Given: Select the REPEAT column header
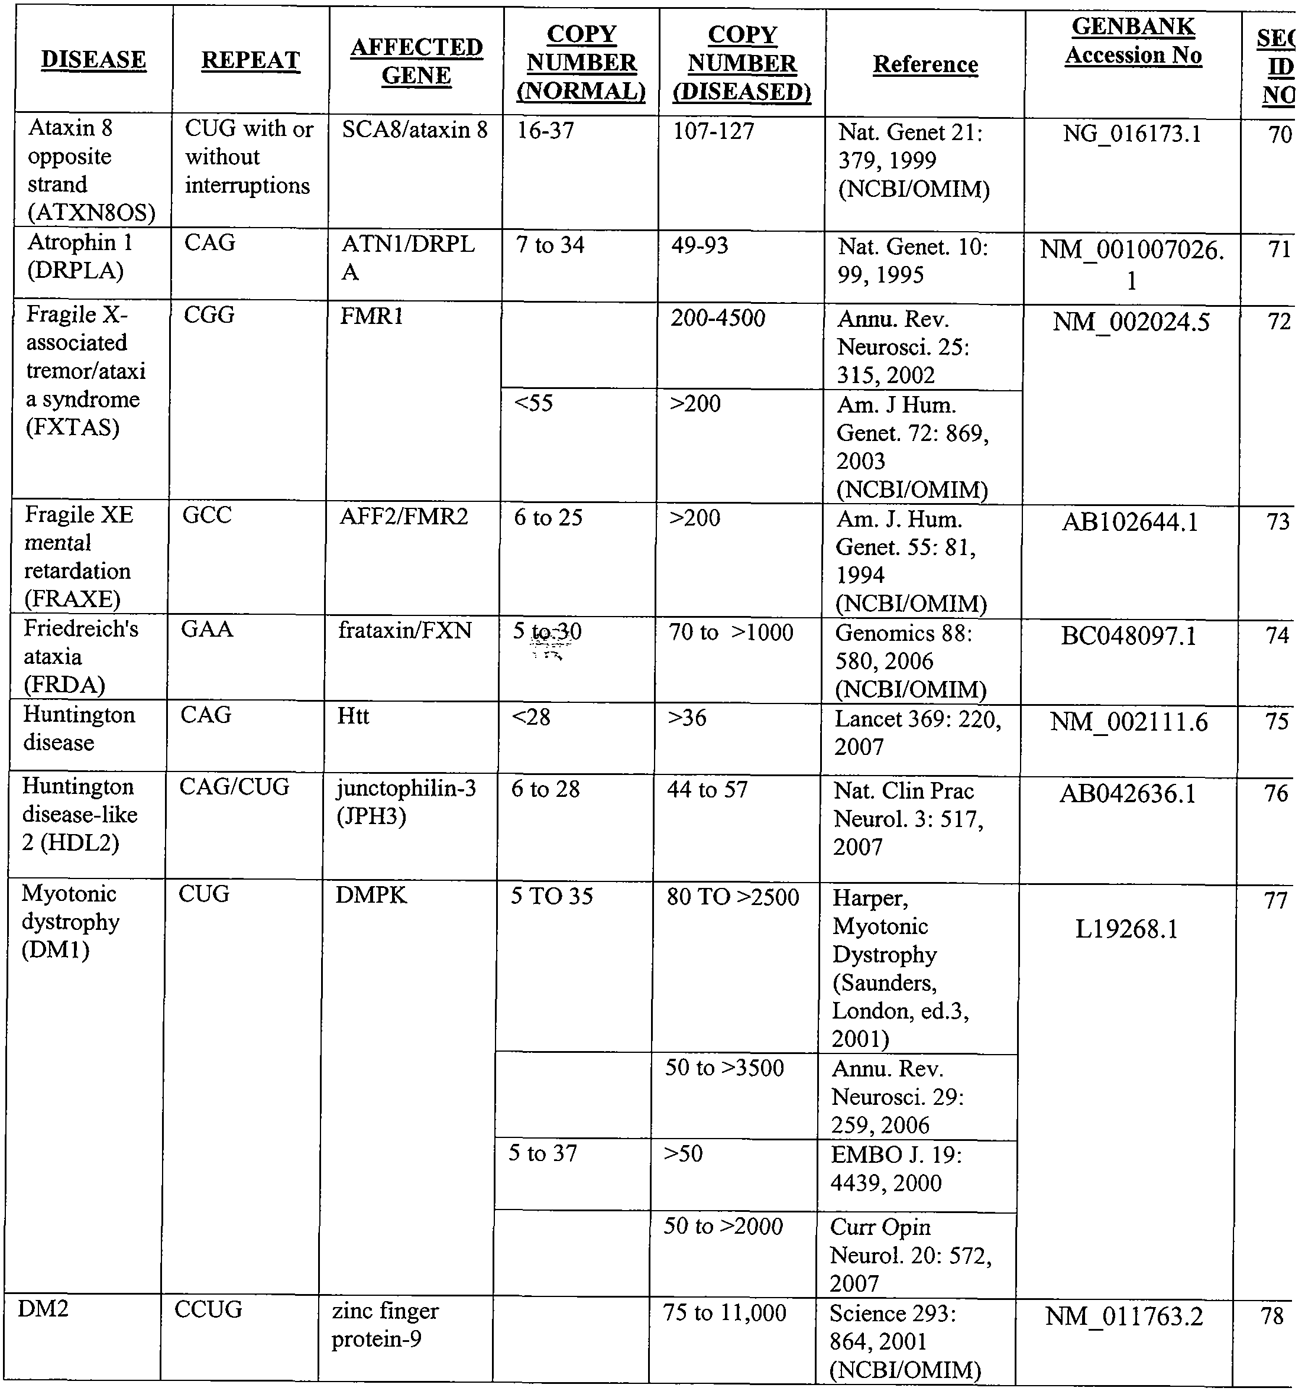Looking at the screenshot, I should pyautogui.click(x=251, y=61).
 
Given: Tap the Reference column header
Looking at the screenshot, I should pyautogui.click(x=925, y=64).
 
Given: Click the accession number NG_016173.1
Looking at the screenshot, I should pyautogui.click(x=1132, y=134).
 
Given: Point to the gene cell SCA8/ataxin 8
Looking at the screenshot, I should pyautogui.click(x=415, y=130).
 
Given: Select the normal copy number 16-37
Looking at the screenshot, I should pyautogui.click(x=545, y=131).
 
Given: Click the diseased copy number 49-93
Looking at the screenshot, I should pyautogui.click(x=699, y=245).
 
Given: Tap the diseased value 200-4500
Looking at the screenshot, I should pyautogui.click(x=717, y=319).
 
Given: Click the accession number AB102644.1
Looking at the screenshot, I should pyautogui.click(x=1129, y=522).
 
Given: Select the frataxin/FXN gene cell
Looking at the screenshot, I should pyautogui.click(x=404, y=630).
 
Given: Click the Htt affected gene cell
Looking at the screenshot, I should pyautogui.click(x=352, y=716).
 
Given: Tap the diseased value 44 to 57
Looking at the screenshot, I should pyautogui.click(x=707, y=790).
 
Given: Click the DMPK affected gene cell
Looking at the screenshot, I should pyautogui.click(x=371, y=895).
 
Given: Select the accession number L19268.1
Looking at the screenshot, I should pyautogui.click(x=1126, y=929).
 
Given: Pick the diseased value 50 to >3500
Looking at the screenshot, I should pyautogui.click(x=724, y=1068).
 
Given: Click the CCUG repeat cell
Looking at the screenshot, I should pyautogui.click(x=208, y=1309).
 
